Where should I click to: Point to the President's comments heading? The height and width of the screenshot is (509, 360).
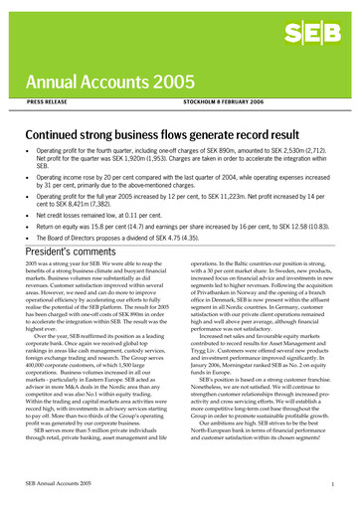tap(68, 254)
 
